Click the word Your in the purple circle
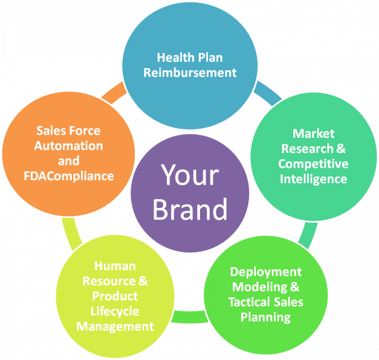[x=189, y=175]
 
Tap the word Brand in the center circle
[x=189, y=209]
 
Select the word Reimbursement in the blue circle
[x=190, y=72]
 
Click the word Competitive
[x=313, y=164]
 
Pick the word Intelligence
[x=313, y=179]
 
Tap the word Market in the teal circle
[x=313, y=133]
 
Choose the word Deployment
[x=266, y=272]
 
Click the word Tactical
[x=249, y=302]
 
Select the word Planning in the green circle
[x=266, y=317]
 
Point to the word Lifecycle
[x=115, y=311]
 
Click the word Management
[x=115, y=326]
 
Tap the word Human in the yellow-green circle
[x=115, y=266]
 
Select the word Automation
[x=69, y=145]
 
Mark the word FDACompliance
[x=69, y=176]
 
